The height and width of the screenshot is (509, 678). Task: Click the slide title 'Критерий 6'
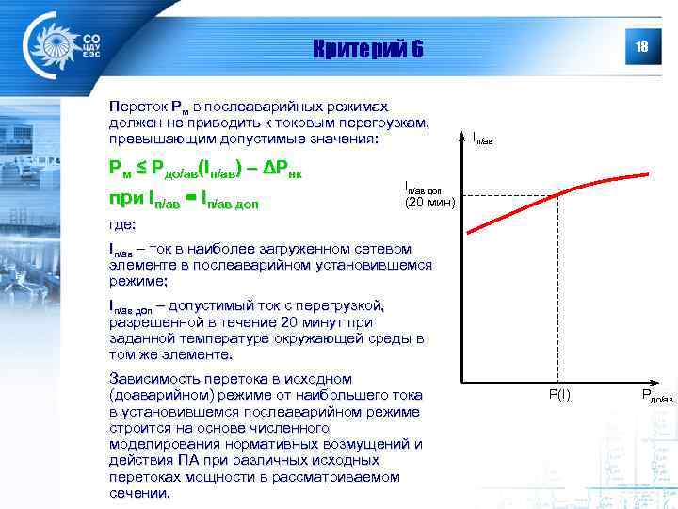368,49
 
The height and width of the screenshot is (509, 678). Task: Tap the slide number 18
641,48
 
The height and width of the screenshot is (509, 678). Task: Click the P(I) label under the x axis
559,395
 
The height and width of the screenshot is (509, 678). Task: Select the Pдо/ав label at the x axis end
657,397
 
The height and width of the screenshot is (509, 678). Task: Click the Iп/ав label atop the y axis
482,139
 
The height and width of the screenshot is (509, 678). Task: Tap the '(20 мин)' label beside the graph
428,202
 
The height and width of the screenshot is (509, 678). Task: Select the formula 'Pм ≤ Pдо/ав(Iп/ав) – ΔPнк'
205,169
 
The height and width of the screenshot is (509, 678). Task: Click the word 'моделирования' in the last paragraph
161,443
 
